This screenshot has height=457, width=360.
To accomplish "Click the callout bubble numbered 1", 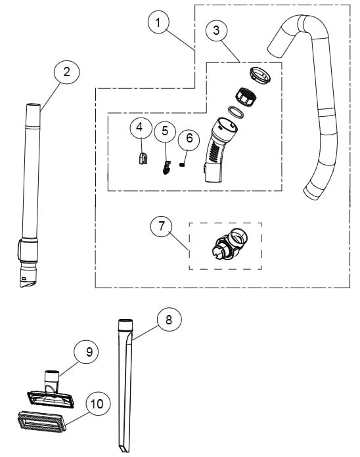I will click(158, 23).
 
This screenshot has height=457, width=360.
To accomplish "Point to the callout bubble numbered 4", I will click(140, 127).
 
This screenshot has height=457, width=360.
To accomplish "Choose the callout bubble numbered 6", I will click(189, 138).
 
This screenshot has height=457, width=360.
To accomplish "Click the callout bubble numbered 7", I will click(162, 227).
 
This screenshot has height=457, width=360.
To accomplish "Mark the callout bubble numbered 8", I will click(169, 320).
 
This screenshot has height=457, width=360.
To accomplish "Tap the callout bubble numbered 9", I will click(86, 353).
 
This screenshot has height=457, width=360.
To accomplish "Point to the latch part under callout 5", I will click(166, 167).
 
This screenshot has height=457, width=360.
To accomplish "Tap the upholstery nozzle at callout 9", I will click(49, 391).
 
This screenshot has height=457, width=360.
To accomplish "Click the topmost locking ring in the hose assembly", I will click(261, 75).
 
